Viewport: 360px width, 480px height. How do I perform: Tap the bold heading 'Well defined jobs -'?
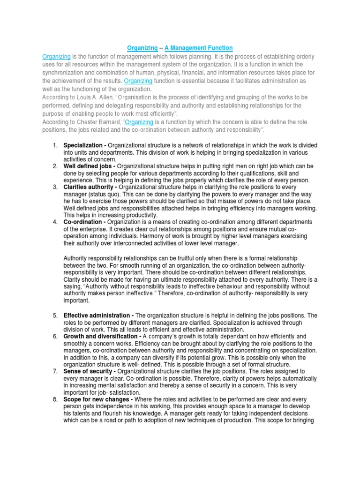[x=90, y=166]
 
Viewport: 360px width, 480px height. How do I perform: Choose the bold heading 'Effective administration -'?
[x=98, y=315]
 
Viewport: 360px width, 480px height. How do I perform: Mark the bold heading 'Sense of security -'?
[x=90, y=371]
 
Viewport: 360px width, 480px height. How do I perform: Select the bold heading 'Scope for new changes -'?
[x=97, y=399]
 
